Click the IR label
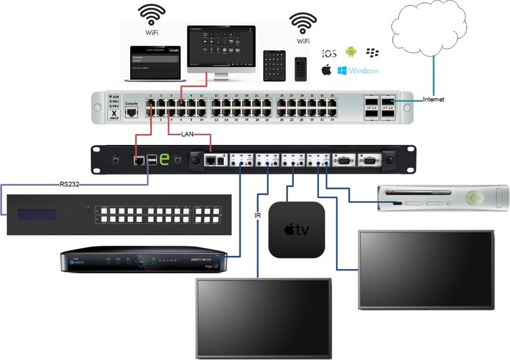[x=257, y=216]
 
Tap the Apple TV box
[x=297, y=229]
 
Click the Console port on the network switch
[x=132, y=112]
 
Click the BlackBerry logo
[x=372, y=53]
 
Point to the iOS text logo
[x=329, y=53]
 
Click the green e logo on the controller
[x=164, y=159]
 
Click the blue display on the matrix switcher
[x=36, y=215]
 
